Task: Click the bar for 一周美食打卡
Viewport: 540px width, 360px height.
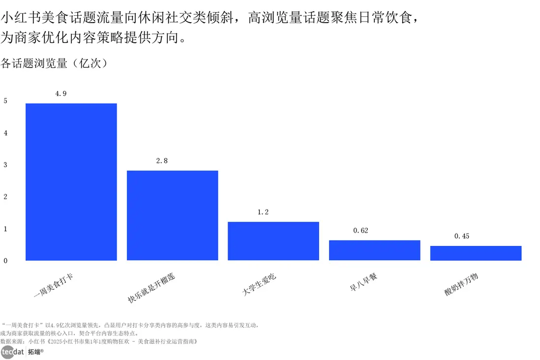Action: (71, 181)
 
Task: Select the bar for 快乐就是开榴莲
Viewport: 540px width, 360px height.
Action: (172, 215)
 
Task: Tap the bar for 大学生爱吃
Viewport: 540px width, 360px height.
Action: (273, 241)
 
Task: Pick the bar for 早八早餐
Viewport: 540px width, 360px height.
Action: (374, 250)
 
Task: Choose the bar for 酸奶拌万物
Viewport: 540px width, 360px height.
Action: (476, 253)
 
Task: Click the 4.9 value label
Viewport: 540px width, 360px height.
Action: (61, 93)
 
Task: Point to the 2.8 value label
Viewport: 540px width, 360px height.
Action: (162, 161)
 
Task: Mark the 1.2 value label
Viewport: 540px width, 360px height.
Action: (263, 212)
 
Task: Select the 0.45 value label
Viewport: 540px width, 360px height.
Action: (462, 236)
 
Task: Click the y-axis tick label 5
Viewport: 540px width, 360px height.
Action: (5, 101)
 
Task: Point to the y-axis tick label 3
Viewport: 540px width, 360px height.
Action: (5, 165)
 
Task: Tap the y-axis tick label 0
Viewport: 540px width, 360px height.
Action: (5, 261)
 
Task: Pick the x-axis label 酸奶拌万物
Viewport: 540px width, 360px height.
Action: (461, 285)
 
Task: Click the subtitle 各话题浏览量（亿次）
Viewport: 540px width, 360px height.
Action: (54, 63)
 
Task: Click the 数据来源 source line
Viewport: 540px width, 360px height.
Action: (98, 341)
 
